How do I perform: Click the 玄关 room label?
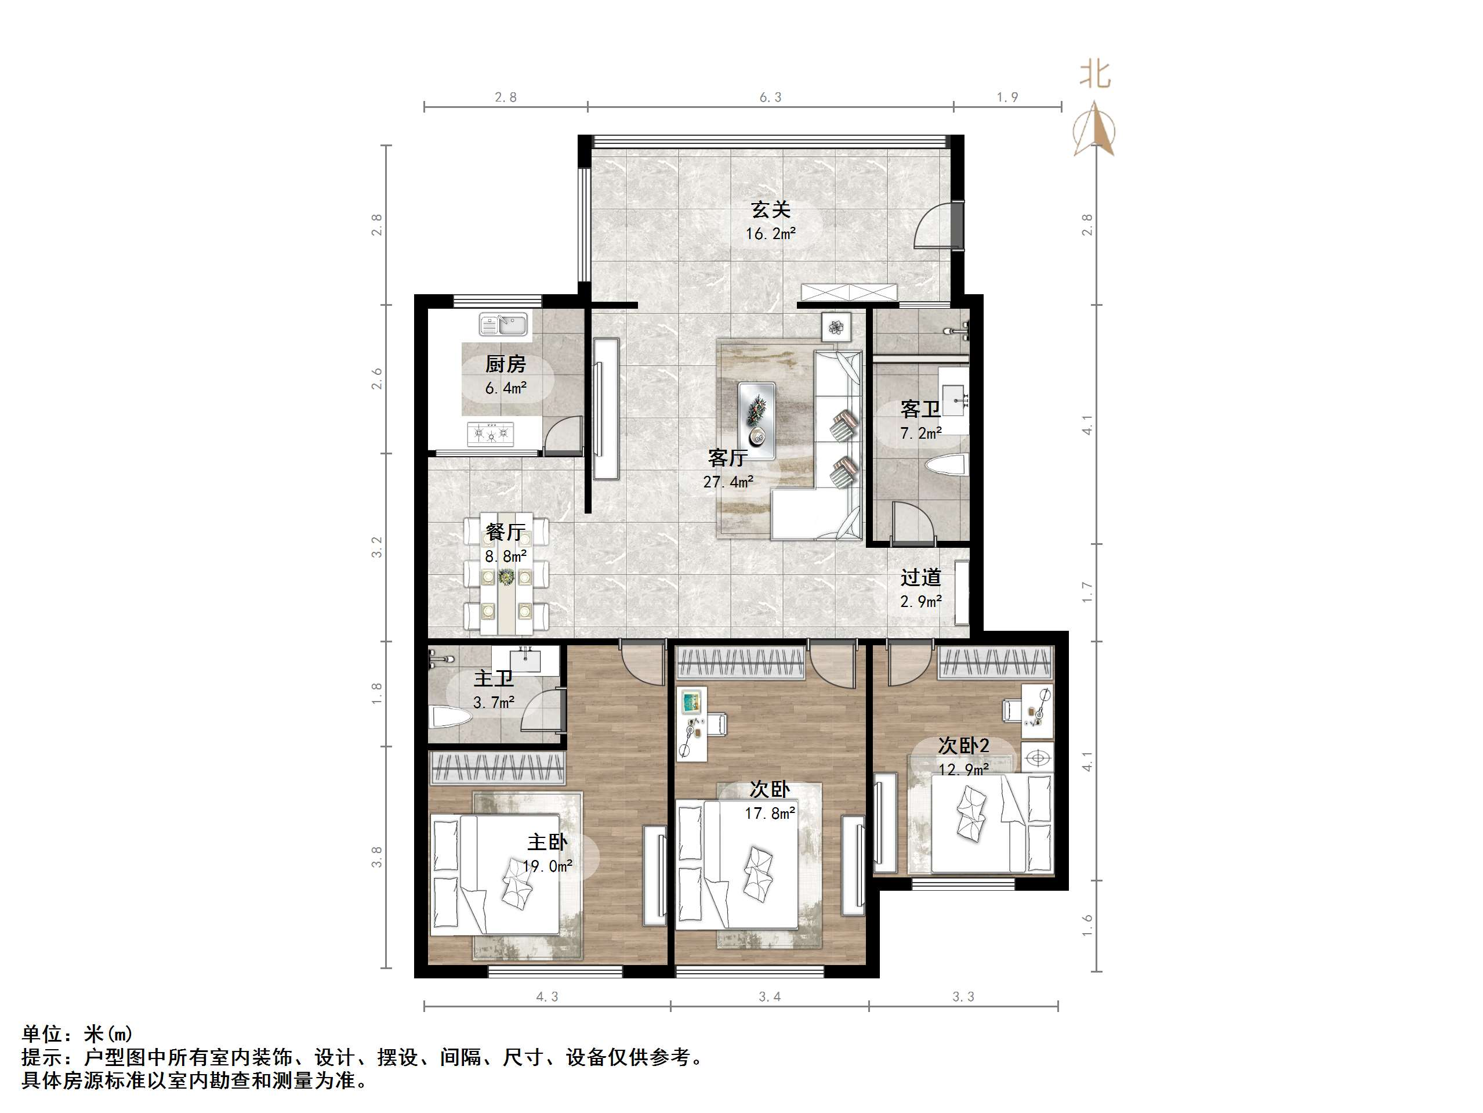tap(770, 210)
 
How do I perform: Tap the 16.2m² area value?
tap(770, 234)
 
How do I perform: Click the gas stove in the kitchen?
tap(491, 434)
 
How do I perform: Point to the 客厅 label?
tap(727, 458)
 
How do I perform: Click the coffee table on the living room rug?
tap(757, 421)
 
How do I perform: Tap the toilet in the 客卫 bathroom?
tap(947, 465)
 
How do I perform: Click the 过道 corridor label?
tap(920, 577)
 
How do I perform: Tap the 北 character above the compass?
tap(1094, 74)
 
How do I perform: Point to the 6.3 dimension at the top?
tap(770, 97)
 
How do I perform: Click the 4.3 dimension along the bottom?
tap(546, 997)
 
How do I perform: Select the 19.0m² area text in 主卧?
tap(547, 866)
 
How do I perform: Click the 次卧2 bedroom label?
tap(963, 745)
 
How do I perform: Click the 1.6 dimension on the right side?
tap(1087, 926)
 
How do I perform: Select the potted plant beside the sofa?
tap(835, 327)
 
